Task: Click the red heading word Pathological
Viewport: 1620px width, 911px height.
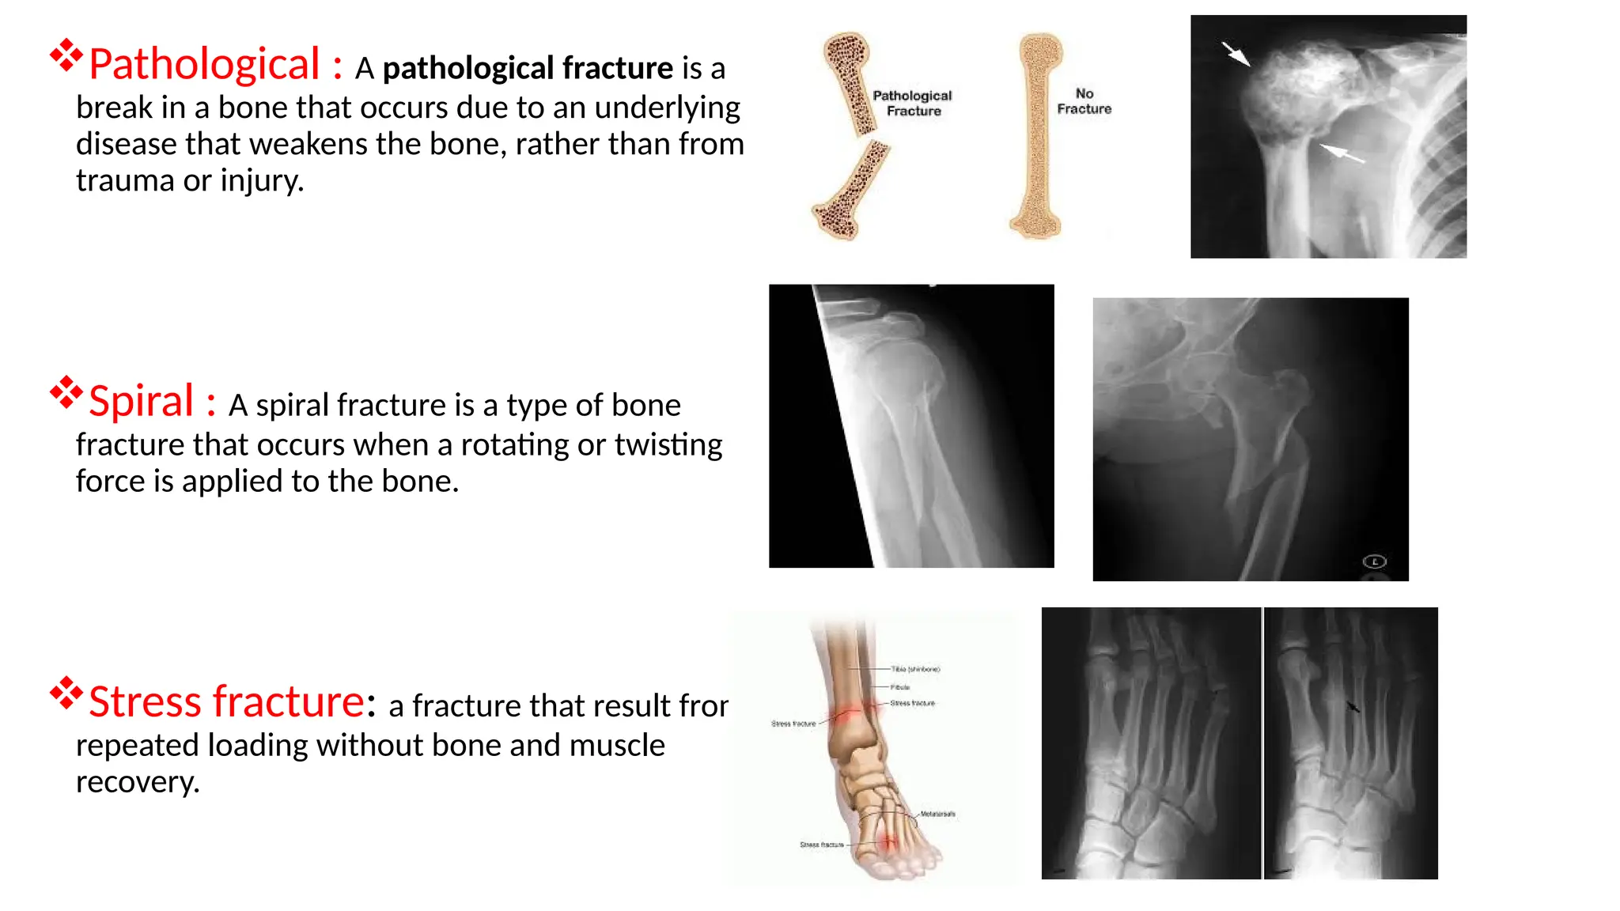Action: (x=204, y=64)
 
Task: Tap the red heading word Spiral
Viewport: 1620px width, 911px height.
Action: (x=141, y=401)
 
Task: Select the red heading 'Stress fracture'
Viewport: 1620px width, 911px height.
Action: (x=226, y=701)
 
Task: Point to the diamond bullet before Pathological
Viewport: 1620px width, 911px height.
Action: (x=66, y=55)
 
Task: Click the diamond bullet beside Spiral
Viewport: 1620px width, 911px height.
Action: (x=66, y=392)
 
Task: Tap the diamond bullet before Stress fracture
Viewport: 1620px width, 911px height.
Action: (x=66, y=693)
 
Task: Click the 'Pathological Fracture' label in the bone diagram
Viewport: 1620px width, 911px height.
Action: (x=912, y=103)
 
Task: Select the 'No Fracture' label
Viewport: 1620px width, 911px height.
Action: (x=1084, y=101)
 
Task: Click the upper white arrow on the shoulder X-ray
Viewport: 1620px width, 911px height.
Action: (x=1236, y=54)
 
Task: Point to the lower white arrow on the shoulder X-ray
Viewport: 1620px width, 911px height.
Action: (x=1342, y=153)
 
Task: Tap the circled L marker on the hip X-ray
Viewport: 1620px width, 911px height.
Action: (x=1375, y=561)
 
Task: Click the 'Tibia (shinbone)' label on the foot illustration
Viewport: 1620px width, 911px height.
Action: (x=915, y=669)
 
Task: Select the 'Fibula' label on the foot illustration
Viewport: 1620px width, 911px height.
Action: (x=900, y=687)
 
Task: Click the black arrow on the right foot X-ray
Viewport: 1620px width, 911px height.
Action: (x=1353, y=706)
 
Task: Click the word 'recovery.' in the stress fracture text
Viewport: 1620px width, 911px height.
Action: (x=138, y=782)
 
